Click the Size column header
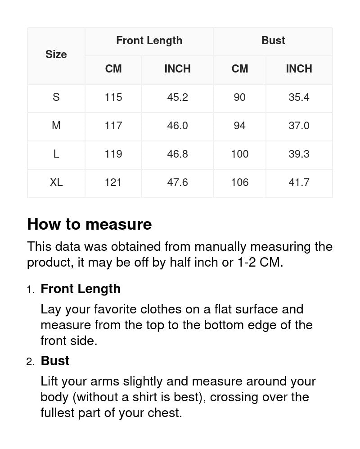(56, 54)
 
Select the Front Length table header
(149, 41)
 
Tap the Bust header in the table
(273, 41)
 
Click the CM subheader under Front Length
(113, 69)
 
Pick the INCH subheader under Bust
(299, 69)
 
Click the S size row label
(56, 97)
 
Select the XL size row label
(56, 182)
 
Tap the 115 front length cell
(113, 97)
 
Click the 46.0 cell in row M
(177, 126)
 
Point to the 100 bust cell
(240, 154)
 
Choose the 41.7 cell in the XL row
(299, 182)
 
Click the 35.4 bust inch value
(299, 97)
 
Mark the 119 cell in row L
(113, 154)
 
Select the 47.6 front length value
(177, 182)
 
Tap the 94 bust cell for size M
(240, 126)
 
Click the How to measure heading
(90, 224)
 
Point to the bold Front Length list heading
(81, 289)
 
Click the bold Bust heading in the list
(55, 361)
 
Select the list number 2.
(30, 362)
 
